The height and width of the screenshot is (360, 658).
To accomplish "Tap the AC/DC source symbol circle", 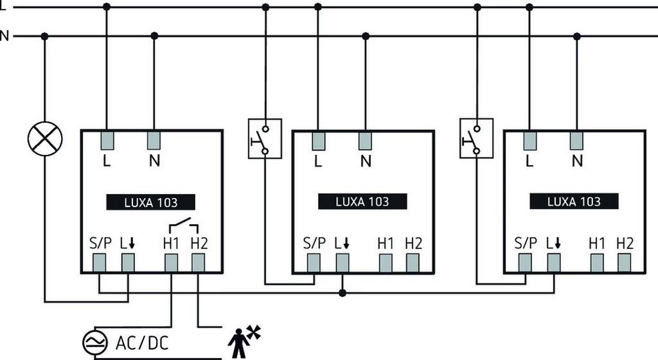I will (94, 345).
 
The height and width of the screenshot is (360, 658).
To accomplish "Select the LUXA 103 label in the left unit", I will (151, 203).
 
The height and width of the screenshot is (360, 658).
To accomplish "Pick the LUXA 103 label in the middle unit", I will (362, 201).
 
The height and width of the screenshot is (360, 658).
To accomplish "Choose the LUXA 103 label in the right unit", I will (574, 201).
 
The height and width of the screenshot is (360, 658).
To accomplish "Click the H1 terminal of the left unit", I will (171, 262).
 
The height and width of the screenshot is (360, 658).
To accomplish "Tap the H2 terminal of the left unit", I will (198, 262).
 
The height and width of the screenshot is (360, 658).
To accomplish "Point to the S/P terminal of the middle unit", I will (314, 262).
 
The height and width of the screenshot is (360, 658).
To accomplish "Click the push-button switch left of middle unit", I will (265, 138).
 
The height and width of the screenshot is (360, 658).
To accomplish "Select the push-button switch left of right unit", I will (476, 138).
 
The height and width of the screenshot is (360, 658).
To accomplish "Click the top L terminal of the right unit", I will (529, 139).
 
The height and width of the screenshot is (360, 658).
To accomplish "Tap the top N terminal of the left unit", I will (154, 139).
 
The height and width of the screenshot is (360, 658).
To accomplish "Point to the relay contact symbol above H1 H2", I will (183, 226).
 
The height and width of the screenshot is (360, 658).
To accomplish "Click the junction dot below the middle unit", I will (342, 293).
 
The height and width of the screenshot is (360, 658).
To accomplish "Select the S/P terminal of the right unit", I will (526, 262).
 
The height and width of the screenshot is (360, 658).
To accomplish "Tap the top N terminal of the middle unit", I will (366, 139).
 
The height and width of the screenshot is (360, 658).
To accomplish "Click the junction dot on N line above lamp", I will (44, 36).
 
